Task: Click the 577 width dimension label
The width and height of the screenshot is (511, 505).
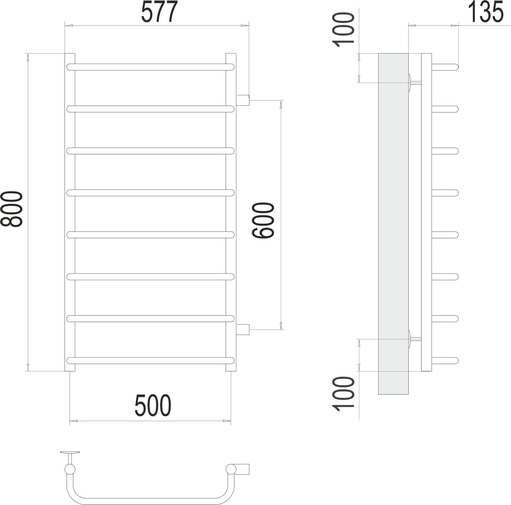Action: [159, 12]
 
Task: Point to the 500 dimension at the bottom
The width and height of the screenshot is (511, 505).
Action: [153, 406]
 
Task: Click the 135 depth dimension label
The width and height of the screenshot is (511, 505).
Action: [486, 12]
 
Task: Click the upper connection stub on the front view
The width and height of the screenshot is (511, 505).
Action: [243, 100]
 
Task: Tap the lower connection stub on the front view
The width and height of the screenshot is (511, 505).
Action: [243, 329]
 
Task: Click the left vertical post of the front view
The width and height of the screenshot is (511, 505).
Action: [70, 212]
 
